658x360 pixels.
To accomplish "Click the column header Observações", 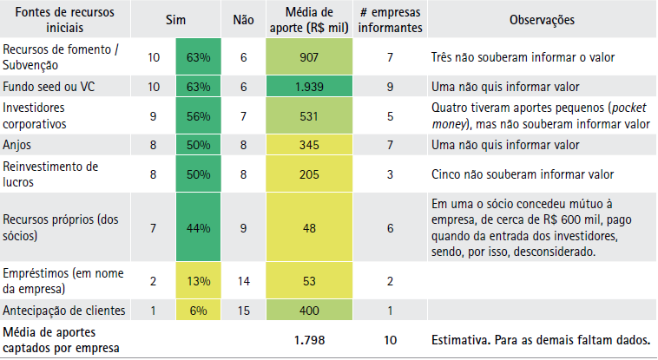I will [x=541, y=19].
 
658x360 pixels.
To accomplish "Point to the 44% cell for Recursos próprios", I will [x=198, y=227].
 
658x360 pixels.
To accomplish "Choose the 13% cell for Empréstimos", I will [x=198, y=281].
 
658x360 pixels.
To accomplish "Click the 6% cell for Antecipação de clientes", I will [x=198, y=311].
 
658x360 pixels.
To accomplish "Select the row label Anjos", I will [x=17, y=145].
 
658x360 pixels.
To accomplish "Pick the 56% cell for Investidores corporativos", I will [x=198, y=115].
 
